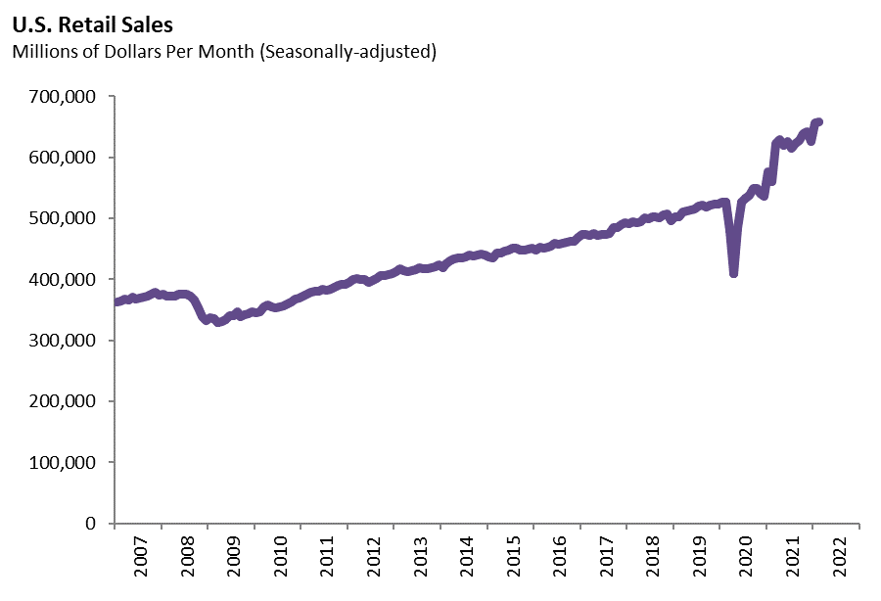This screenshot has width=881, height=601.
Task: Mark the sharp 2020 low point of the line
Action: coord(733,274)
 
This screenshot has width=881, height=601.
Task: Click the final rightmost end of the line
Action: coord(819,121)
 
